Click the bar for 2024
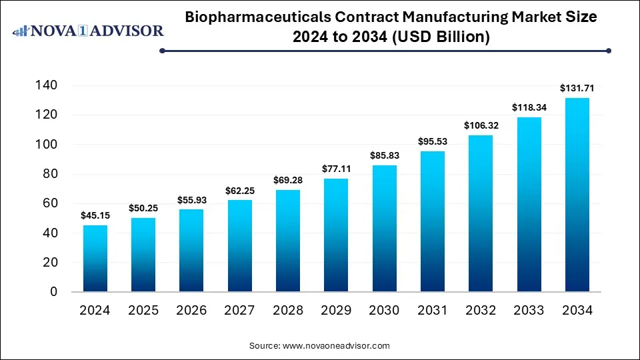coord(95,259)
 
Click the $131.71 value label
coord(577,88)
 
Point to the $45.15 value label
coord(95,215)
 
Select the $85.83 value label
coord(384,155)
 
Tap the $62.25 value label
coord(239,190)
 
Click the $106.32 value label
coord(480,125)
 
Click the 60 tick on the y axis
coord(51,203)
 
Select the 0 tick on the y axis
coord(54,292)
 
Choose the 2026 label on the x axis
coord(191,310)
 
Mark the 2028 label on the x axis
coord(287,310)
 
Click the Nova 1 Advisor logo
coord(88,31)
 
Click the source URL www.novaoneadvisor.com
coord(337,346)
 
